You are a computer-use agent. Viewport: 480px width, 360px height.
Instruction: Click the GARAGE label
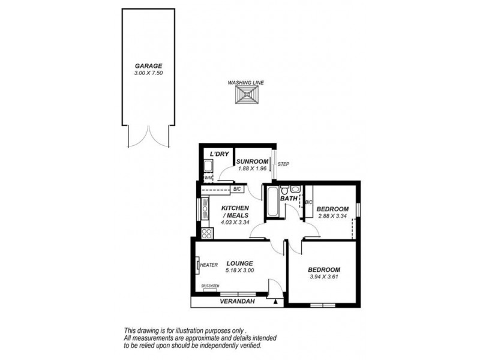(148, 66)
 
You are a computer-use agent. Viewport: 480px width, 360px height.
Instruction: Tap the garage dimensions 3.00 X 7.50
(148, 73)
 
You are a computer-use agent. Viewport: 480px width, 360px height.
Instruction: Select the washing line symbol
(246, 95)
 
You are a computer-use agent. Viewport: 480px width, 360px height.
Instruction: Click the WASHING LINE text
(246, 83)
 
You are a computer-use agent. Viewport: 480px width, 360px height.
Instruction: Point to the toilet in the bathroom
(285, 190)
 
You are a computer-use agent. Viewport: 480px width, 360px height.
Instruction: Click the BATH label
(289, 198)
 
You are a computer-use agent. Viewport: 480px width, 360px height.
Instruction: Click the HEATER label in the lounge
(209, 265)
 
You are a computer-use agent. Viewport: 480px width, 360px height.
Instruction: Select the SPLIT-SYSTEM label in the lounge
(210, 286)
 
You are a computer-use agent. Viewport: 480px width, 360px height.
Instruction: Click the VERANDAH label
(236, 301)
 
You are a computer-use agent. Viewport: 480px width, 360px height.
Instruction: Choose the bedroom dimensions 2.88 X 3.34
(332, 216)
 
